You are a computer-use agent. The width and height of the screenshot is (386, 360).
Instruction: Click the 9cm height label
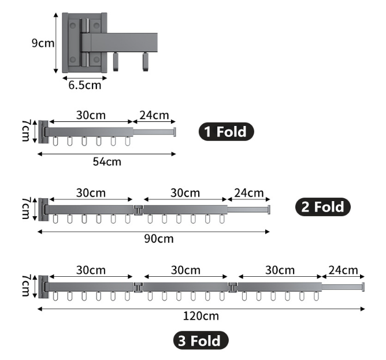[42, 43]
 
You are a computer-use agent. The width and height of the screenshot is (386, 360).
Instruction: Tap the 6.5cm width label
[85, 86]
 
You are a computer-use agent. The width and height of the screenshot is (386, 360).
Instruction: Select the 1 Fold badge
[227, 132]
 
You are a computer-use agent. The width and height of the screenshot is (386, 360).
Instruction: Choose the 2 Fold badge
[323, 207]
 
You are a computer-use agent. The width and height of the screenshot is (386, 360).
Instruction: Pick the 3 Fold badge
[201, 340]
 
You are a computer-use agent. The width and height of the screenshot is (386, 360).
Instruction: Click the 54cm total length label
[107, 161]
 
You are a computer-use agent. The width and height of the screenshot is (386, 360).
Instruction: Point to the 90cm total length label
[159, 239]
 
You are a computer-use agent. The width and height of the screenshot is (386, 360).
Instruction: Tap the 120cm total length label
[201, 316]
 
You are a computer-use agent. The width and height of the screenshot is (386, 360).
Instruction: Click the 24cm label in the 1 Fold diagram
[154, 115]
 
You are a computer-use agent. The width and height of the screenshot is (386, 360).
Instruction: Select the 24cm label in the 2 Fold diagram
[248, 192]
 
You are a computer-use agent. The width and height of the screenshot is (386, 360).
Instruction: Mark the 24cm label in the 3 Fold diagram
[343, 270]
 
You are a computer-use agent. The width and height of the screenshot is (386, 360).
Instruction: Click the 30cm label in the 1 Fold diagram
[91, 115]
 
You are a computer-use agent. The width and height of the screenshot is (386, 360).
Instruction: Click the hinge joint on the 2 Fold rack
[138, 209]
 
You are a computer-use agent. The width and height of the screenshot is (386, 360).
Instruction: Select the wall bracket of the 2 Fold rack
[42, 209]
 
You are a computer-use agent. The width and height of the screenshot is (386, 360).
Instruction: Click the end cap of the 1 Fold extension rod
[174, 132]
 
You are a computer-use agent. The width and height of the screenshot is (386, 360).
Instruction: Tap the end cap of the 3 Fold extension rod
[363, 287]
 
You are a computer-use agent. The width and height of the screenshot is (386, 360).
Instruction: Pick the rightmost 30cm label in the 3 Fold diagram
[280, 270]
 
